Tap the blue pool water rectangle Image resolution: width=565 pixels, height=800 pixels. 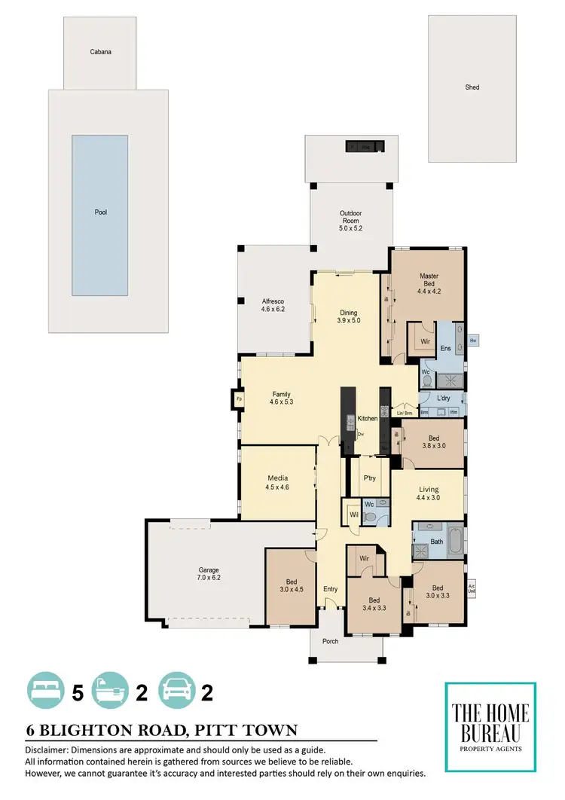coord(100,215)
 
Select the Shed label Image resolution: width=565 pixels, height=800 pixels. coord(472,87)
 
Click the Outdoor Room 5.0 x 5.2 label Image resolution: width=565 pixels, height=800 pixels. coord(351,220)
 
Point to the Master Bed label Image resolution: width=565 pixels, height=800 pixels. coord(429,281)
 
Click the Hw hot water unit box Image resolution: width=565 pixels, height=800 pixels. coord(473,340)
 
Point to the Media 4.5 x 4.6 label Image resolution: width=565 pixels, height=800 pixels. coord(278,482)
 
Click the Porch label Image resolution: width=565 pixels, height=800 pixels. coord(330,641)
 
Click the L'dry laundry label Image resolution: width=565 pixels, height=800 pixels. coord(444,397)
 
